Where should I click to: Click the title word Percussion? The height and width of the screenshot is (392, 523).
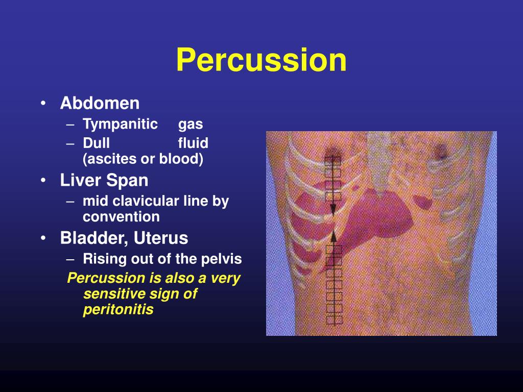tap(261, 60)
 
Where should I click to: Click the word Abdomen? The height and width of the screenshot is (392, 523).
tap(100, 104)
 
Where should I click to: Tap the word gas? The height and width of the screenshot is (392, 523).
tap(191, 125)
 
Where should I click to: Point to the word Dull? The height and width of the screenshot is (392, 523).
tap(96, 143)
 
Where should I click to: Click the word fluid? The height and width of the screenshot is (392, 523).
tap(193, 143)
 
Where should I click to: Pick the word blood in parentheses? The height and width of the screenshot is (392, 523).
tap(179, 159)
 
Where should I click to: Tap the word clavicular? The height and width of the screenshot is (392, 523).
tap(145, 201)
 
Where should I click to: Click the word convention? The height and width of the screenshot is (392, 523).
tap(121, 217)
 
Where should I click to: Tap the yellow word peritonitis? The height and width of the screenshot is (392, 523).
tap(118, 310)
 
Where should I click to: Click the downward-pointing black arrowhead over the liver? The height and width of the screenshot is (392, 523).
tap(332, 209)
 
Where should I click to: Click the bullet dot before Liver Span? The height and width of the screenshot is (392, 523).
tap(45, 181)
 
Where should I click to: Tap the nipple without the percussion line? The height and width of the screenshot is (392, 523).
tap(438, 150)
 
